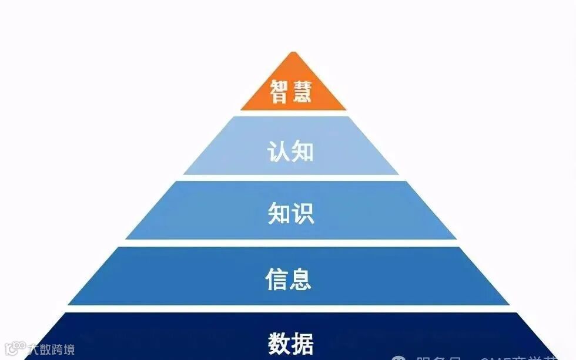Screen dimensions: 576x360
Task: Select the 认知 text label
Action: (290, 152)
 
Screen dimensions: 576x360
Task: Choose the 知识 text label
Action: (290, 214)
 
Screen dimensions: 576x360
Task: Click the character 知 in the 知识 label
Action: (279, 214)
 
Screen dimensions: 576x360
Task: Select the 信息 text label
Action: (288, 279)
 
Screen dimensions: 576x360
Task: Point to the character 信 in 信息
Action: (276, 279)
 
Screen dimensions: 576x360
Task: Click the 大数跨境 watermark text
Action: (52, 350)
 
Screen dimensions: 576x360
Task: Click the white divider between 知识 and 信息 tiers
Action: (290, 243)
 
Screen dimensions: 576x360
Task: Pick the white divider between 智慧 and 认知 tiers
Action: (293, 113)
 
